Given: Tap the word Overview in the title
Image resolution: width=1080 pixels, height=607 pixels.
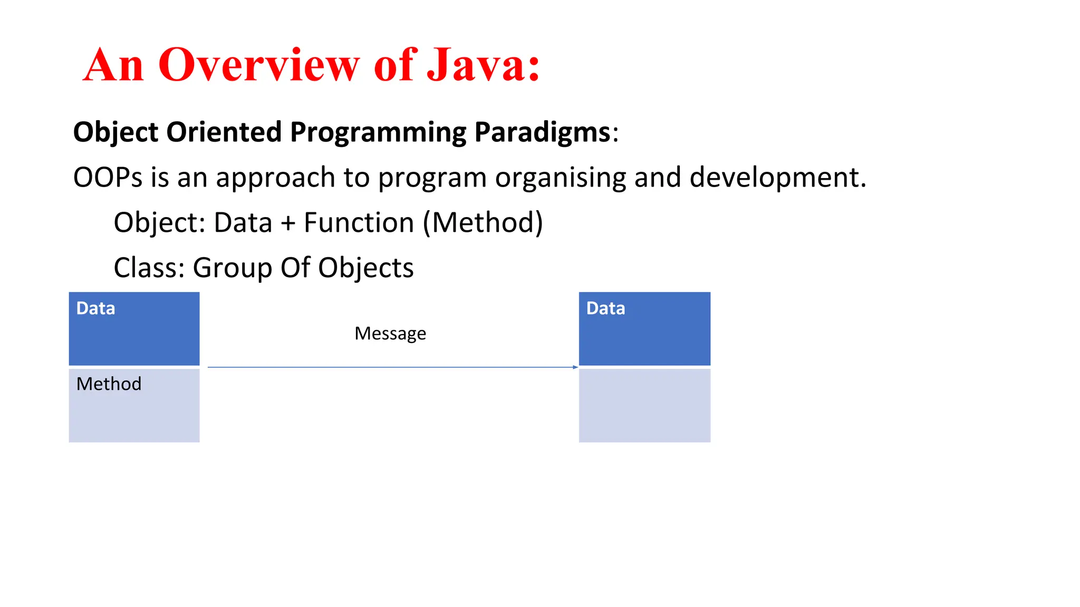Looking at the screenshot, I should pos(259,65).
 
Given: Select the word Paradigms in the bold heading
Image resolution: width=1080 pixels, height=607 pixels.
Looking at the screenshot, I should pos(542,132).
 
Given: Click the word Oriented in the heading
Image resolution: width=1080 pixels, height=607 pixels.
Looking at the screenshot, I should pos(224,132).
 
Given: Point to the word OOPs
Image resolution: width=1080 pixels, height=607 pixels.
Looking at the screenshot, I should pos(108,178).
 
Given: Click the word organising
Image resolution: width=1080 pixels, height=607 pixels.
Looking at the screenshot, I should pos(560,178).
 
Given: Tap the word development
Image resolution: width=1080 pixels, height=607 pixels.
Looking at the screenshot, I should pos(778,178).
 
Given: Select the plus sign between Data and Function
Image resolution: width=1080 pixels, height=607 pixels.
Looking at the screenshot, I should pos(288,223).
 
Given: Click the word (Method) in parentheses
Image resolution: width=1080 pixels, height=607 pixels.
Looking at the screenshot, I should pos(483,223).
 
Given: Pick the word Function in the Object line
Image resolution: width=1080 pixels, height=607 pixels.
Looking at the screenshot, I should pos(359,223).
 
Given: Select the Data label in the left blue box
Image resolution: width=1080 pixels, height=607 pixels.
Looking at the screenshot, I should pos(95,308).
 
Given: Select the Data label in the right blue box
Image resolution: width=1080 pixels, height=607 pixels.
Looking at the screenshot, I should pos(605,308).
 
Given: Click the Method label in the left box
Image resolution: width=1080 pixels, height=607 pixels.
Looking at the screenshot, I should pos(109,384).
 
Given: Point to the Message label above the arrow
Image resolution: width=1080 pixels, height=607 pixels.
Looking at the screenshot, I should pos(390,334).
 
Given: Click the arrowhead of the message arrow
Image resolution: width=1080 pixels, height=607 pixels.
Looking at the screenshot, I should pos(575,367).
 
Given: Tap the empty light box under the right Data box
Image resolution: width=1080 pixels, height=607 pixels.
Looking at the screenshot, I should pos(644,405).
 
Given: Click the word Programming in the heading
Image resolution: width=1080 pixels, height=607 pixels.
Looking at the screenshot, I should pos(378,132).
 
